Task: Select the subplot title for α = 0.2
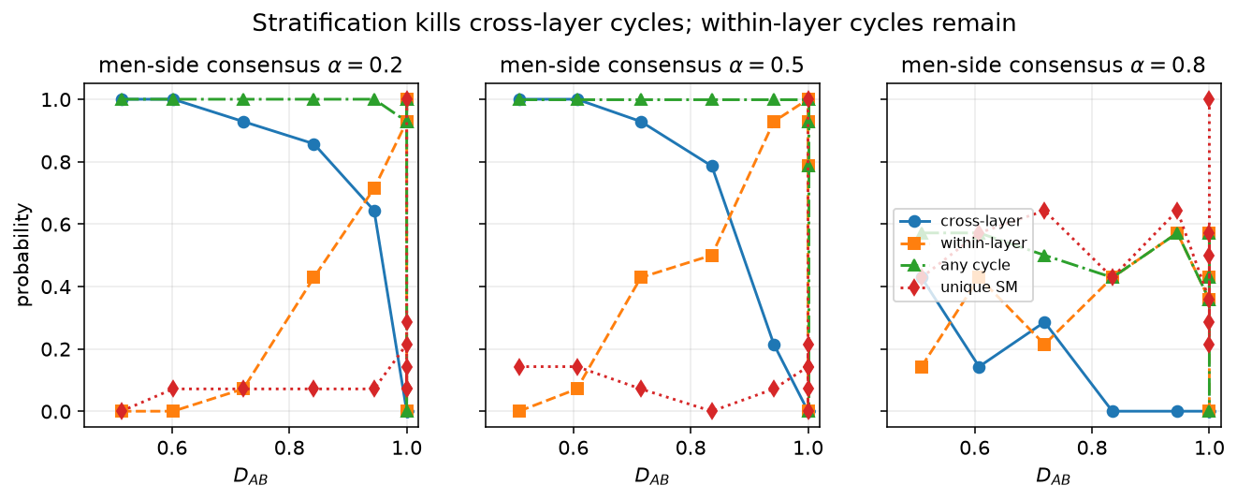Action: coord(250,66)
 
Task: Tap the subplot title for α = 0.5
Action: coord(651,66)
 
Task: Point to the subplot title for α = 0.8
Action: coord(1053,66)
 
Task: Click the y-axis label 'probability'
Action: coord(22,255)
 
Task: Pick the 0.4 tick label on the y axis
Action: coord(56,287)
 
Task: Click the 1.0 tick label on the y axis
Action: coord(56,100)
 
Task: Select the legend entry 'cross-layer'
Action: coord(981,221)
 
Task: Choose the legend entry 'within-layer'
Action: coord(983,243)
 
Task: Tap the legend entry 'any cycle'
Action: coord(975,265)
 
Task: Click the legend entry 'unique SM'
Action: coord(979,287)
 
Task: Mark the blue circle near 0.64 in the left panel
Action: coord(374,212)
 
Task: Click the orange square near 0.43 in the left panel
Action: coord(313,277)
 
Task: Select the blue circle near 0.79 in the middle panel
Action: coord(712,167)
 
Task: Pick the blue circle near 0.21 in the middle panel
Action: coord(774,346)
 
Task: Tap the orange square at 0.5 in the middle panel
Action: coord(712,256)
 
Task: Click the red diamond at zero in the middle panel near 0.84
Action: coord(712,411)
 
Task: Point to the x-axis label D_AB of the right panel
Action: coord(1053,476)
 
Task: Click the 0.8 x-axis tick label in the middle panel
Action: coord(691,449)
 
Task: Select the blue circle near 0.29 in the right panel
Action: coord(1044,323)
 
